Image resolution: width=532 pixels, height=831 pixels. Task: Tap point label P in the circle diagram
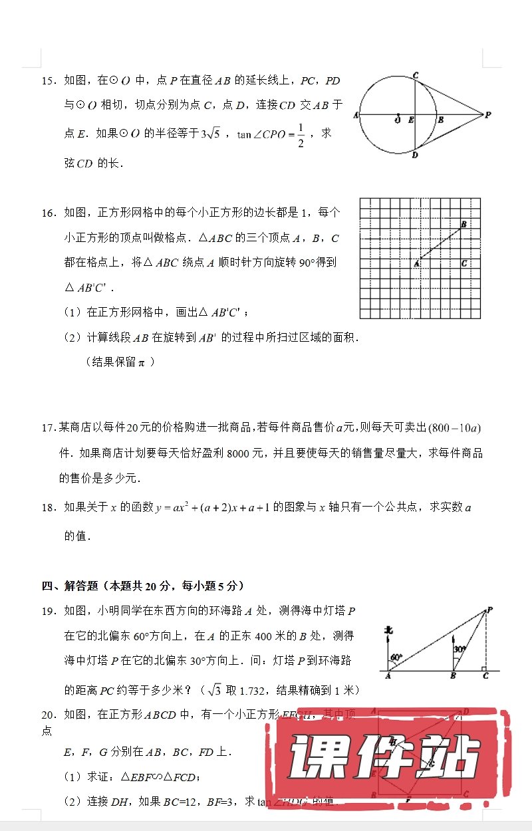[x=488, y=115]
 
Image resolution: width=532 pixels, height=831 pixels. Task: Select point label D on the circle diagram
[x=414, y=155]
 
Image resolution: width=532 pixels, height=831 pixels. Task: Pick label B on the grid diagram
[x=463, y=224]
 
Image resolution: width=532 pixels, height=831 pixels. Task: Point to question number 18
[x=48, y=508]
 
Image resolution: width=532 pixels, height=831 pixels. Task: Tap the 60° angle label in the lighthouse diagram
[x=396, y=657]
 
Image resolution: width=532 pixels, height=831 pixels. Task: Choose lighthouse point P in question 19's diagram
[x=489, y=610]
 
